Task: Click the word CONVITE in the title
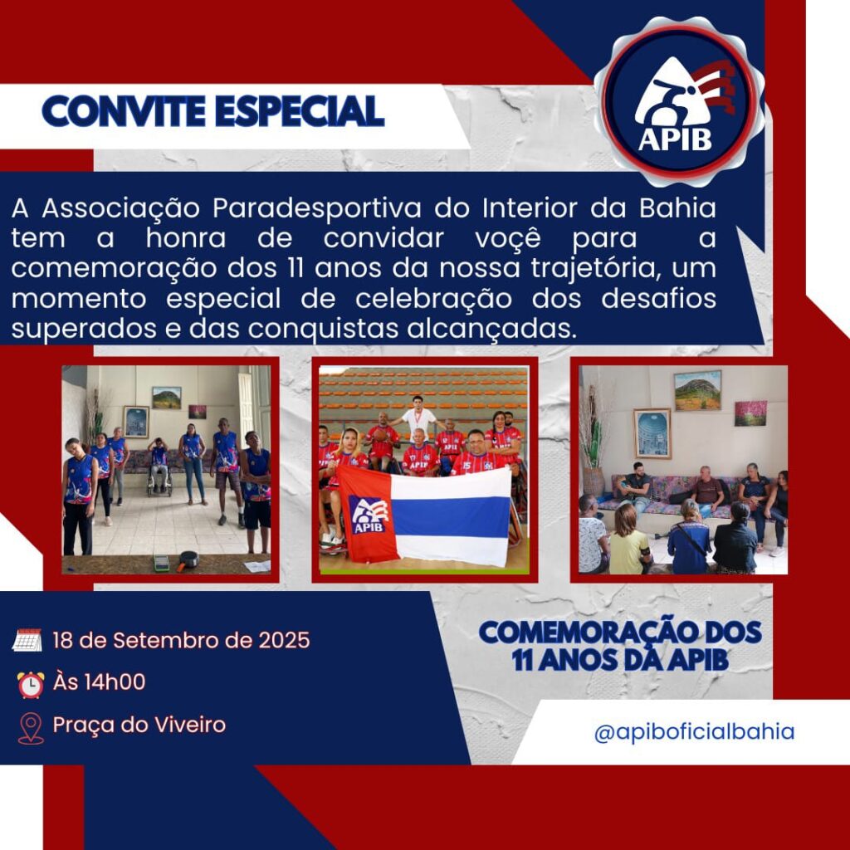124,111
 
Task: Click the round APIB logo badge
679,101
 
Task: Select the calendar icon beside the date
27,640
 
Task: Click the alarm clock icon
31,684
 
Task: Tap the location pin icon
31,728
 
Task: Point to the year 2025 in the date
284,640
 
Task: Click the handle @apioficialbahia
694,732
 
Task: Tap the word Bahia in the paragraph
677,208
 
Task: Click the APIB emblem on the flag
369,515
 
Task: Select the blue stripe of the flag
451,517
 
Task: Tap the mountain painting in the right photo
697,390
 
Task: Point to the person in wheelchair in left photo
159,467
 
